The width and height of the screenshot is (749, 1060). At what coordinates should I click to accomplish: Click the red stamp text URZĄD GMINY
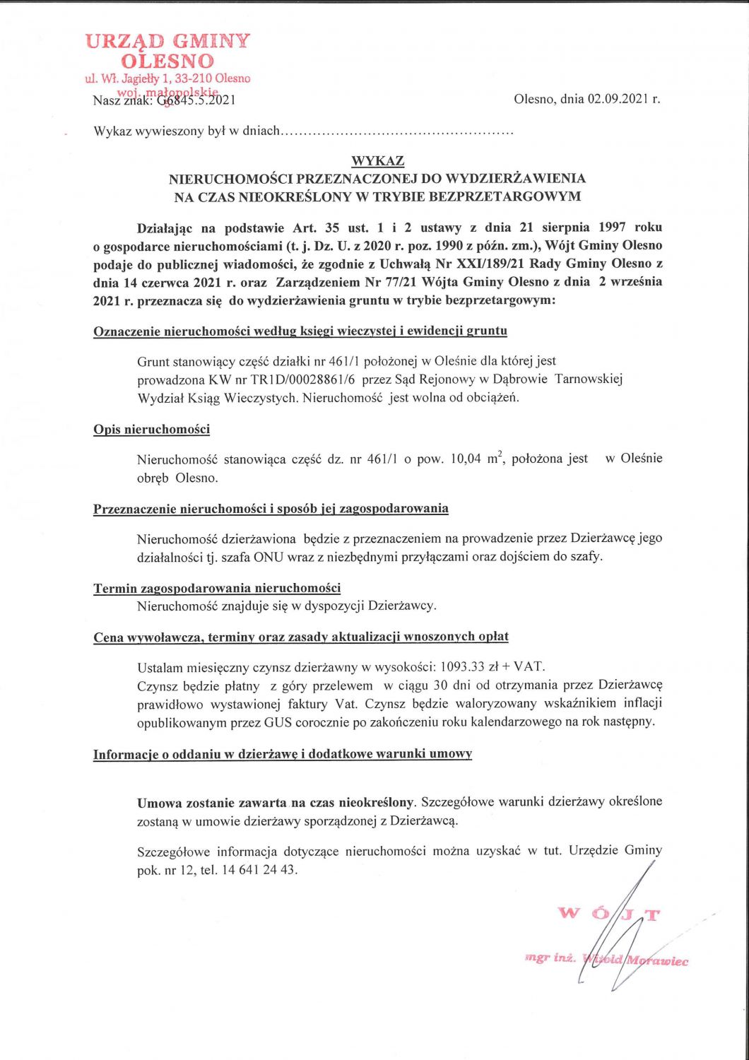[167, 41]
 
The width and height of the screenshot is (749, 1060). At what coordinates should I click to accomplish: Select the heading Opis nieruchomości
[151, 429]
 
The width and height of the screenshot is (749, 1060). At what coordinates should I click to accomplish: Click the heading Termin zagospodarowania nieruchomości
[217, 588]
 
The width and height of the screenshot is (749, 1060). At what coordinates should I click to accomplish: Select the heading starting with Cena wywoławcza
[300, 637]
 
